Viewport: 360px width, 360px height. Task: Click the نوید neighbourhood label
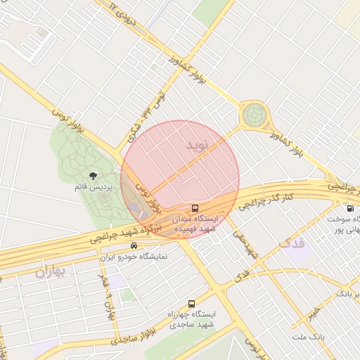[198, 146]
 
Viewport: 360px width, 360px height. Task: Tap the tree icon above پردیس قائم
[93, 176]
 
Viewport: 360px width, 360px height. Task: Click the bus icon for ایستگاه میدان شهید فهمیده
[195, 208]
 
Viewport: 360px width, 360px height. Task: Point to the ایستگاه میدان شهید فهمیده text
[196, 224]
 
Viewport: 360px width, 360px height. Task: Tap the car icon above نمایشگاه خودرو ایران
[134, 246]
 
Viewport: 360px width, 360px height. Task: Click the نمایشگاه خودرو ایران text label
[134, 257]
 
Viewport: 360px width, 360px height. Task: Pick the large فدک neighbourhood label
[292, 243]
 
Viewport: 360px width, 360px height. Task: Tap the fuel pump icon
[349, 208]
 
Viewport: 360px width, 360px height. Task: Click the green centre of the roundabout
[254, 115]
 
